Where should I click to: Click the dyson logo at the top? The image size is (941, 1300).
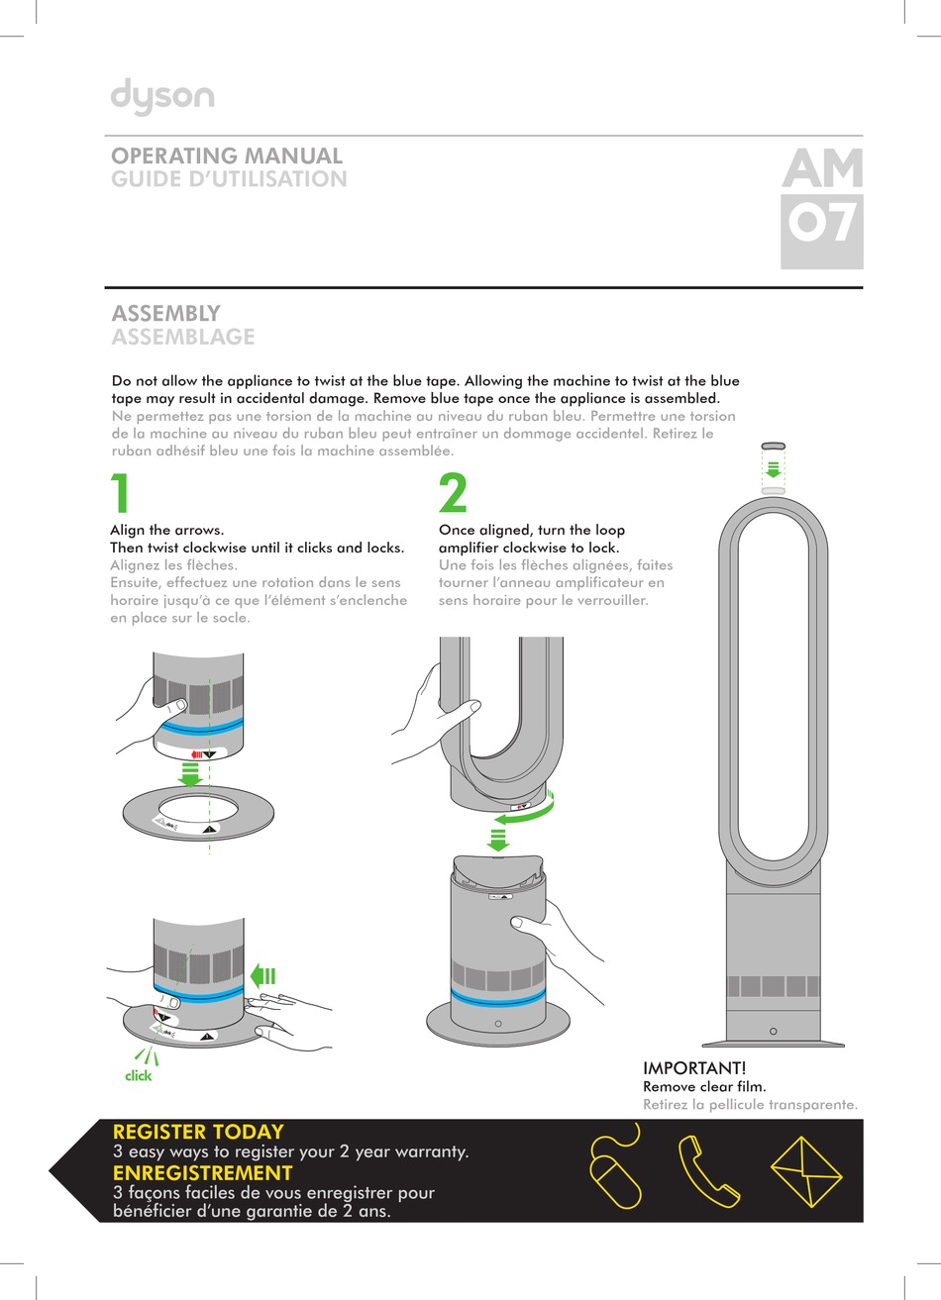click(162, 97)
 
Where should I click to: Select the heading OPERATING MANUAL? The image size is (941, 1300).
click(227, 155)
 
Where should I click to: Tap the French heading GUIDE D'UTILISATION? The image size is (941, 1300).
click(229, 179)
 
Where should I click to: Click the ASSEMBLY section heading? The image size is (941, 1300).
click(165, 313)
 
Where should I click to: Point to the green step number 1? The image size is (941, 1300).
click(120, 494)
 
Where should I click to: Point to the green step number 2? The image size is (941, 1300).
click(453, 494)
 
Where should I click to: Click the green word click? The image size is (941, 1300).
click(139, 1075)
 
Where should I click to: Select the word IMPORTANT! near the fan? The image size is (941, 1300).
click(694, 1068)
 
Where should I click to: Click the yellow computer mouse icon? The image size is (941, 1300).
click(615, 1172)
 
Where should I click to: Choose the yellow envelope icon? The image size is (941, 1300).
click(805, 1172)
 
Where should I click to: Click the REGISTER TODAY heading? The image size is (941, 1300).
click(198, 1132)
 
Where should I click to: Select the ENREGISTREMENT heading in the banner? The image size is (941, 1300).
click(202, 1173)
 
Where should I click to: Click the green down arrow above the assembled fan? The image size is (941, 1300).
click(774, 468)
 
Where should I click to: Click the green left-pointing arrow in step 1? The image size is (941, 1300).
click(262, 976)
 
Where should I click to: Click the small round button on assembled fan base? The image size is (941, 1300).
click(773, 1032)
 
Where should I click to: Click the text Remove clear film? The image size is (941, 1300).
click(704, 1086)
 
